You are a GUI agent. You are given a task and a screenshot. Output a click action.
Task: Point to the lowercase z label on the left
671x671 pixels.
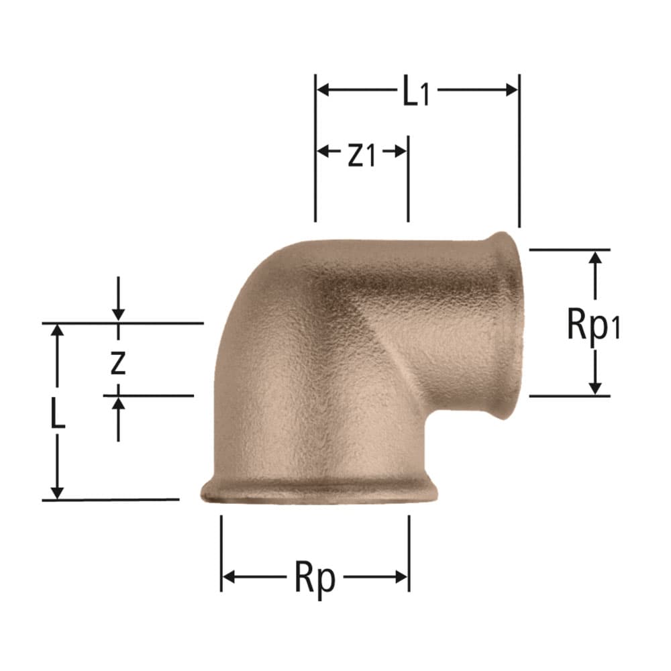pyautogui.click(x=117, y=363)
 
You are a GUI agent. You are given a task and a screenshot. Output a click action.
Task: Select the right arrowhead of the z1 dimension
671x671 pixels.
pyautogui.click(x=401, y=151)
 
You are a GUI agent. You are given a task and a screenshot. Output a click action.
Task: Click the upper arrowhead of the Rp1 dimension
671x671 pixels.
pyautogui.click(x=595, y=258)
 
